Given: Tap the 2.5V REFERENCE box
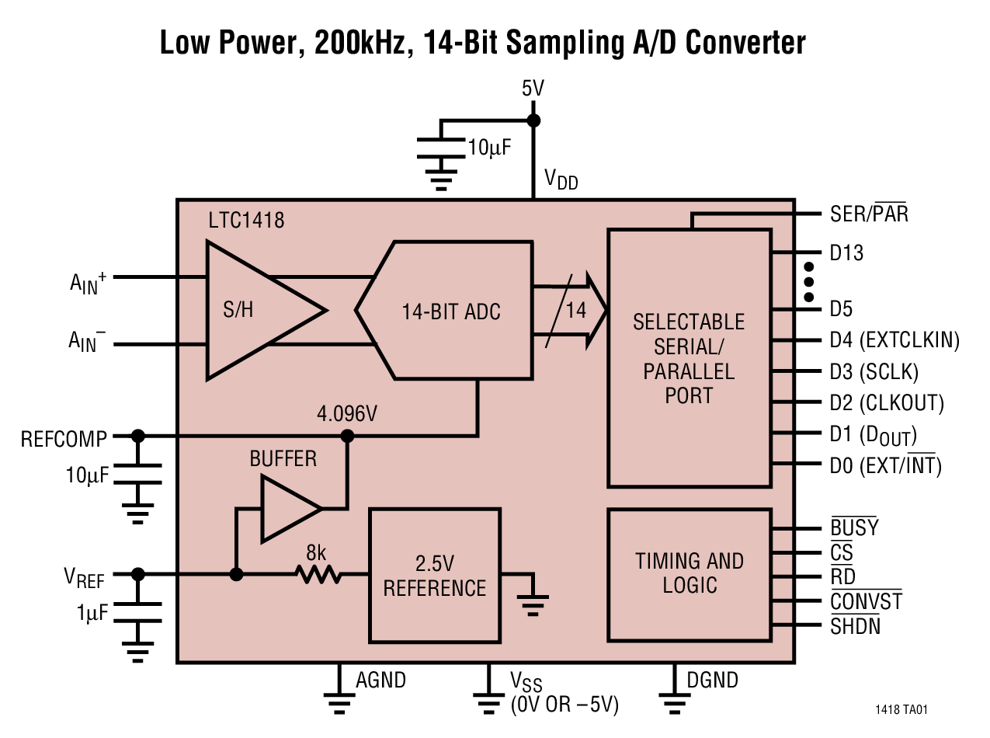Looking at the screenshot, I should click(x=434, y=575).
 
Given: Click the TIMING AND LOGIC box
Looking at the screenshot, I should click(x=689, y=573).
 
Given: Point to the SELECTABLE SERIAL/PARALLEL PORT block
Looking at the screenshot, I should click(x=689, y=357).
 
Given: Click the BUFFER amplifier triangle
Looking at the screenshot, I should click(x=287, y=509).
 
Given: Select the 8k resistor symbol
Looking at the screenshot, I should click(x=317, y=574).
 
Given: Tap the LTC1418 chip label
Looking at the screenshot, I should click(x=246, y=221).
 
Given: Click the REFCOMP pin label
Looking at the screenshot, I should click(x=64, y=439).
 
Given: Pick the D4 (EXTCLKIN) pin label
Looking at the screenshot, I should click(x=894, y=340).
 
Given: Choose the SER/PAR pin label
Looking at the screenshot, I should click(x=868, y=213).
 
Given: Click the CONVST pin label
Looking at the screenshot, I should click(x=866, y=601).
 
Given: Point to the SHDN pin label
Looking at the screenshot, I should click(x=855, y=625).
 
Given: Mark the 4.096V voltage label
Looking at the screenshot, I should click(x=346, y=413).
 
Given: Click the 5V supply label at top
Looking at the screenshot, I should click(x=533, y=89).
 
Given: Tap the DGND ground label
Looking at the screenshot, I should click(x=712, y=681).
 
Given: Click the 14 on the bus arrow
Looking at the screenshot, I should click(x=575, y=311).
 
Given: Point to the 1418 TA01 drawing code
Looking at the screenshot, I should click(x=901, y=709).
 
